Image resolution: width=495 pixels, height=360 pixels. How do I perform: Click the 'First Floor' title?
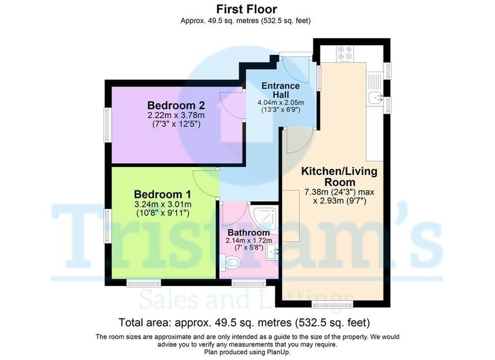click(x=246, y=9)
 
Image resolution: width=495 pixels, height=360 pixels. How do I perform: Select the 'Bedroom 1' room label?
click(x=162, y=194)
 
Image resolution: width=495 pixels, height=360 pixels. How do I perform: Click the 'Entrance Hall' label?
click(x=280, y=90)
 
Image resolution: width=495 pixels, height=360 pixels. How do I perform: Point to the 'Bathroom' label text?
click(x=248, y=232)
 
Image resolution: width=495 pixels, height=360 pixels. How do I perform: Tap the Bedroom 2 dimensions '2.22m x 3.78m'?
click(x=176, y=115)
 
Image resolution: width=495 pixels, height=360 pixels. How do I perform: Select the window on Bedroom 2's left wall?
click(x=108, y=123)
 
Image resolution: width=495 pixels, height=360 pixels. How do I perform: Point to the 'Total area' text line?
click(x=244, y=322)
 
